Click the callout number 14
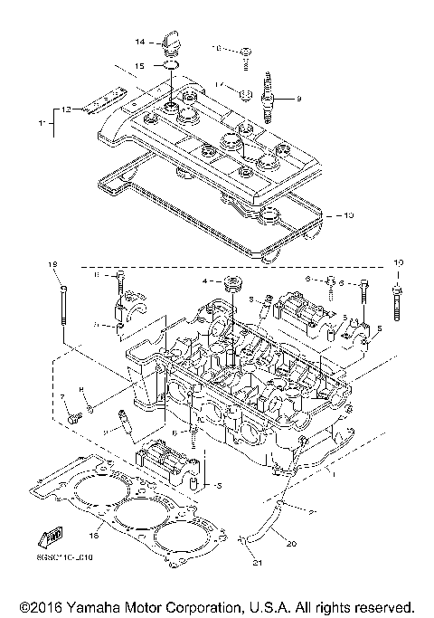[x=140, y=43]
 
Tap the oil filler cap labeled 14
[x=168, y=41]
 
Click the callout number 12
[x=66, y=109]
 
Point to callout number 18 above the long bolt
[x=52, y=263]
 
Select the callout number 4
[x=205, y=281]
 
